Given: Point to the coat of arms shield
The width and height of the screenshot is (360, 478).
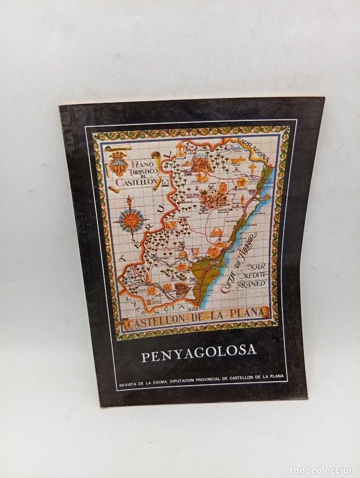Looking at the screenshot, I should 118,163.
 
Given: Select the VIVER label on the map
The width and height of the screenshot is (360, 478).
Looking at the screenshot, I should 138,280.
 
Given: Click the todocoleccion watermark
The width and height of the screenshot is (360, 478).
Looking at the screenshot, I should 321,470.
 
